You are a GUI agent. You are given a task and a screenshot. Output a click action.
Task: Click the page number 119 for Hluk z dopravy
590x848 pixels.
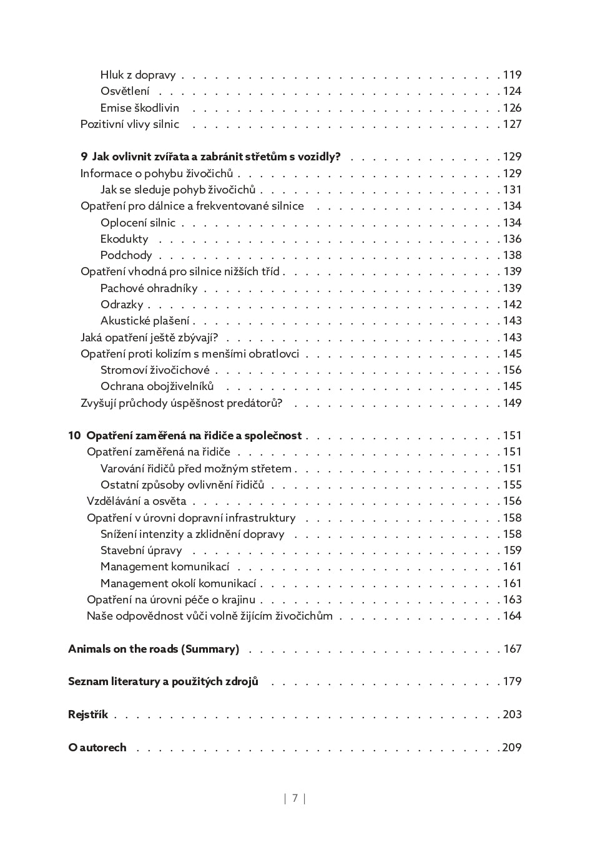[x=512, y=75]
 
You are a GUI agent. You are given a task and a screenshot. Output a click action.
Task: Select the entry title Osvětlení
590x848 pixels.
[x=125, y=91]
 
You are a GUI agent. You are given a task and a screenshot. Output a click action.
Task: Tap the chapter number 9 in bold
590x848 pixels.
[x=84, y=157]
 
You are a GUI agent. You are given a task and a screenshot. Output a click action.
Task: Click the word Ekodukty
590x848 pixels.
[x=124, y=239]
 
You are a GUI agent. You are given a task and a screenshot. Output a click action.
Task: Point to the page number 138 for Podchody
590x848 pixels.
[x=512, y=255]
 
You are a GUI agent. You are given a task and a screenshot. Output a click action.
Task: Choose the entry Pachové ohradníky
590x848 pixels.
[x=149, y=288]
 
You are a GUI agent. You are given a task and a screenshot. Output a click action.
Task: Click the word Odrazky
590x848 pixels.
[x=122, y=305]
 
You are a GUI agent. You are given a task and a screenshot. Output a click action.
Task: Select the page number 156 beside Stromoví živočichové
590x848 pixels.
[x=512, y=370]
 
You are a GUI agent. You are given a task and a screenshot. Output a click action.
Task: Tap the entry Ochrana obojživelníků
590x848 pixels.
[x=157, y=386]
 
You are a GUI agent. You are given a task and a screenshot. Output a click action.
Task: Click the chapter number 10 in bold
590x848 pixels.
[x=74, y=436]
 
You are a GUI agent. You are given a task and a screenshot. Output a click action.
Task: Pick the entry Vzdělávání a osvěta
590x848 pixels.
[x=136, y=501]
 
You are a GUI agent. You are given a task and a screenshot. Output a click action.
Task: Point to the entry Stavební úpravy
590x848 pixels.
[x=141, y=550]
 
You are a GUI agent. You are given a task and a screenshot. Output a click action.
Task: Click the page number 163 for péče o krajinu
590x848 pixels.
[x=512, y=600]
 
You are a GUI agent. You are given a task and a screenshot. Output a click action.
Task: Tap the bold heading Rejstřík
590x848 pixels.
[x=88, y=714]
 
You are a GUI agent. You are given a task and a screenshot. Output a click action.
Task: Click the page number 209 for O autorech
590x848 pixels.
[x=511, y=748]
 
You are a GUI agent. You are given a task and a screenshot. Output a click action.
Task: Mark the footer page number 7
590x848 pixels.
[x=295, y=798]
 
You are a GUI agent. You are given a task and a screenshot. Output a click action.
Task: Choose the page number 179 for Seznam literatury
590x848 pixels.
[x=512, y=681]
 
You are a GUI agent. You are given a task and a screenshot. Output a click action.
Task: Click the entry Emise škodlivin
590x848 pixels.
[x=140, y=108]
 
